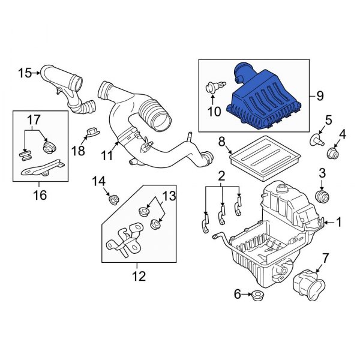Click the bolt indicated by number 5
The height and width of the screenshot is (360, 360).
(x=314, y=140)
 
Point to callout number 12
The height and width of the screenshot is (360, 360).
(x=139, y=277)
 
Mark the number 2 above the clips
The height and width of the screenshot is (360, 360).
(x=221, y=176)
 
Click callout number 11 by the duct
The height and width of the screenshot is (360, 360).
(x=107, y=155)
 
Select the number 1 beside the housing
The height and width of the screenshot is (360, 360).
(x=338, y=223)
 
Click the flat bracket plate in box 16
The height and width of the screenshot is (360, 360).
(x=42, y=168)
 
